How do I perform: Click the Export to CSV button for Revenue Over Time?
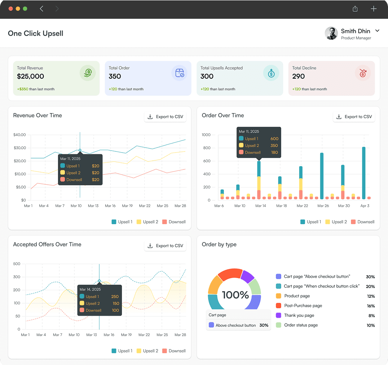[x=165, y=117]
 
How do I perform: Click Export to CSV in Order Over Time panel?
[x=354, y=117]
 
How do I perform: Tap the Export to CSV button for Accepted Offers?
[x=165, y=246]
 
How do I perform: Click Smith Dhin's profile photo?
[x=331, y=33]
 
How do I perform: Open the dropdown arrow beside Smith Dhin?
[x=377, y=31]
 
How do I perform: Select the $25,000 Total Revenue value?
[x=31, y=76]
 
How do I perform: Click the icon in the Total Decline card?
[x=363, y=73]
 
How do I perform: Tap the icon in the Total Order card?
[x=180, y=73]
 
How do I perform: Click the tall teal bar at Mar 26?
[x=322, y=176]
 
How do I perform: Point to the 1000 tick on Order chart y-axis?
[x=206, y=135]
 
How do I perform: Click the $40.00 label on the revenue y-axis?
[x=19, y=135]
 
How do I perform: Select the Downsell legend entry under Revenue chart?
[x=174, y=222]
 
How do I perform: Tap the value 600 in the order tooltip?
[x=274, y=138]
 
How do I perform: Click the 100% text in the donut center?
[x=235, y=295]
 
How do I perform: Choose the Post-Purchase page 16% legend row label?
[x=303, y=306]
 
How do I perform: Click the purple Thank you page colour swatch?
[x=278, y=315]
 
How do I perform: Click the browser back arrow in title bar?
[x=42, y=9]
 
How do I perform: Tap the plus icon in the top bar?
[x=374, y=9]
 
